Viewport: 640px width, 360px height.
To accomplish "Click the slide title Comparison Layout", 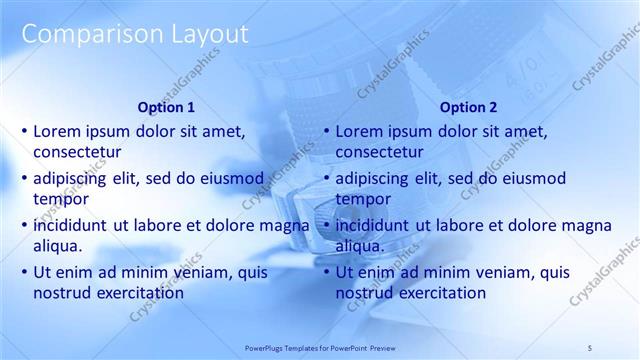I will click(134, 34).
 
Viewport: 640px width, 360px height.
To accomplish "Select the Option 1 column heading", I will click(165, 107).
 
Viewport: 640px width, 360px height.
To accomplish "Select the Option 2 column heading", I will click(467, 107).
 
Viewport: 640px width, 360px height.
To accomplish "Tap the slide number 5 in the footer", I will click(590, 347).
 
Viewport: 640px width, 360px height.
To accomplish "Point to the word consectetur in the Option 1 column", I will click(77, 153).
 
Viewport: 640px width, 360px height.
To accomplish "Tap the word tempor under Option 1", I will click(59, 200).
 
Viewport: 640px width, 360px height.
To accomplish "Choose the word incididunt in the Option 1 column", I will click(73, 225).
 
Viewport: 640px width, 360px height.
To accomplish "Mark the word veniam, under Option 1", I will click(196, 272).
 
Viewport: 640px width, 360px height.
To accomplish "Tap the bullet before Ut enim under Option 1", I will click(24, 272).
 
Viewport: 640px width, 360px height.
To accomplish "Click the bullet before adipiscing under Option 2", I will click(326, 179).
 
